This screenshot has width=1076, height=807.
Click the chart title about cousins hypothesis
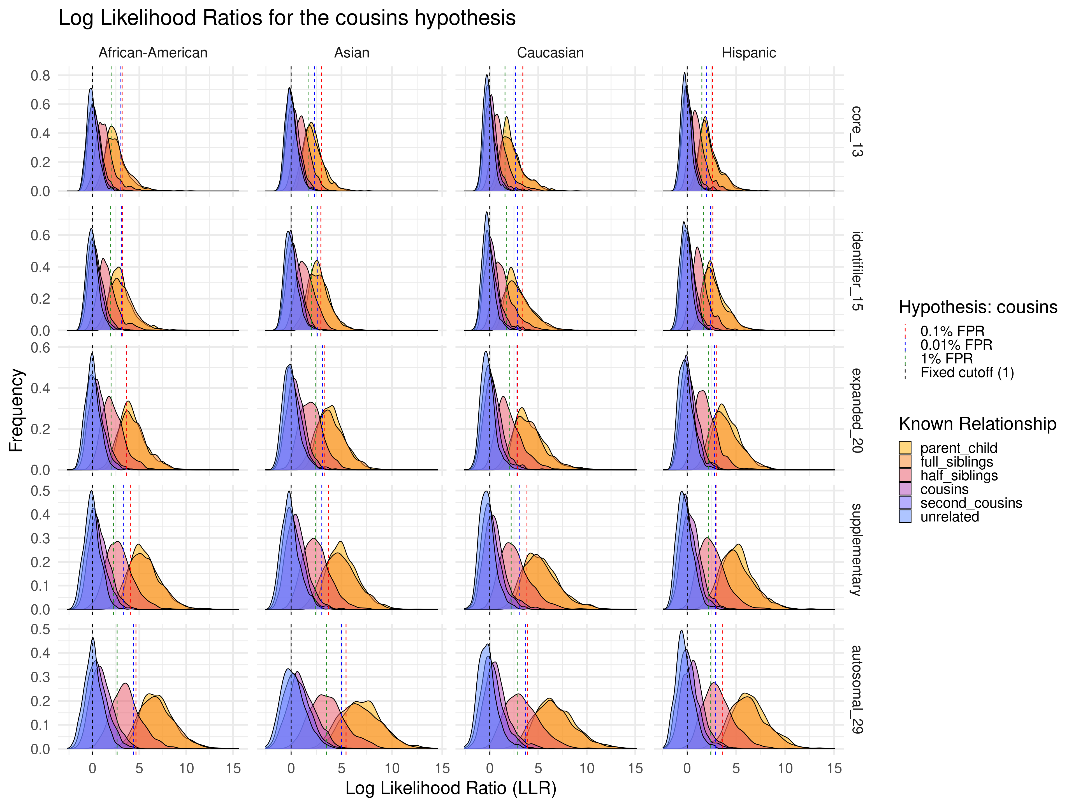(287, 18)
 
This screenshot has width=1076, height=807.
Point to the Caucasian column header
(550, 52)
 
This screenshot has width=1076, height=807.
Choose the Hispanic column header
(749, 52)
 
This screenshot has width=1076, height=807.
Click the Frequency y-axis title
(16, 410)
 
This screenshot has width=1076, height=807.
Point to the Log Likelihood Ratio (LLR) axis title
(451, 788)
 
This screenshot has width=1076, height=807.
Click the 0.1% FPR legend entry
(952, 331)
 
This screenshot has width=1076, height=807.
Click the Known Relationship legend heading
(977, 424)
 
